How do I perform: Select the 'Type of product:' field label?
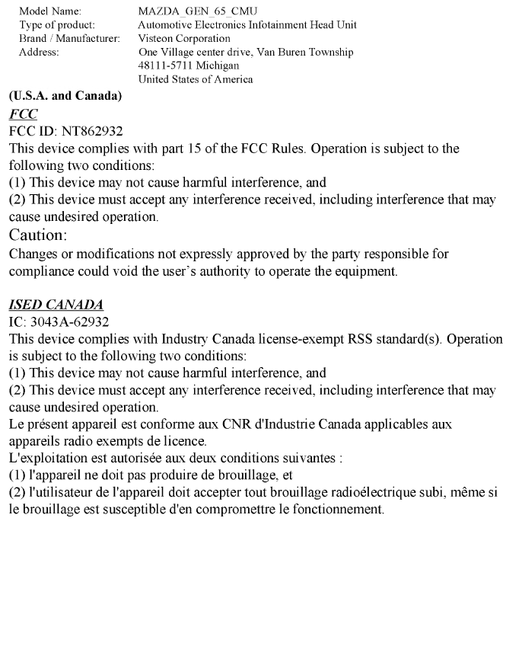tap(57, 25)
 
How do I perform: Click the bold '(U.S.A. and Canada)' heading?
tap(59, 97)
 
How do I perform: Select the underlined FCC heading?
tap(23, 114)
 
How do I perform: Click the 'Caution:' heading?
tap(39, 235)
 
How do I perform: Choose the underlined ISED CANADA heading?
tap(56, 305)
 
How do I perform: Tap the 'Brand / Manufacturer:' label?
tap(68, 38)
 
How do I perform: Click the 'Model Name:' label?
tap(49, 11)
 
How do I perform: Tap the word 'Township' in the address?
tap(331, 52)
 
